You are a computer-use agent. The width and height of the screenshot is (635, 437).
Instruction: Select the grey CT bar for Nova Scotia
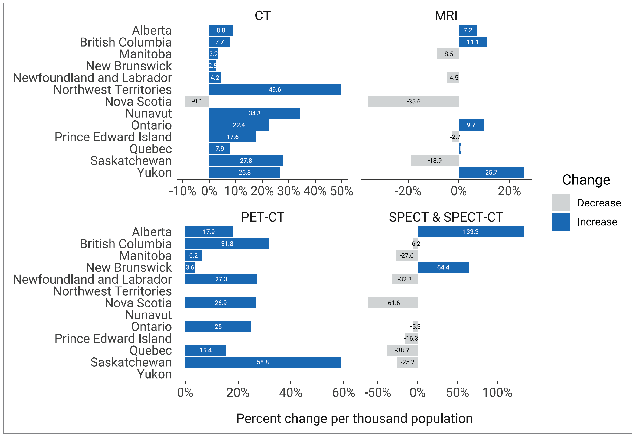(x=197, y=101)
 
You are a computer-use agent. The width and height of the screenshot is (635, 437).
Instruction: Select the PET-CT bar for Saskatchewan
(x=263, y=362)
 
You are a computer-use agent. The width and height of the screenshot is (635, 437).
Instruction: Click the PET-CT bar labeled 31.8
(x=227, y=244)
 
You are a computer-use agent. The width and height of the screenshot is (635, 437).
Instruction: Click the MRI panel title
(x=446, y=16)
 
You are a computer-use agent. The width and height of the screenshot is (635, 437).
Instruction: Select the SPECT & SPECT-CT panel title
(x=446, y=217)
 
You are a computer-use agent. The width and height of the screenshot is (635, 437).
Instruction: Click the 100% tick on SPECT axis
(x=497, y=393)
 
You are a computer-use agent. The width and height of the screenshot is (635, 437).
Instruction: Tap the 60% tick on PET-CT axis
(x=343, y=393)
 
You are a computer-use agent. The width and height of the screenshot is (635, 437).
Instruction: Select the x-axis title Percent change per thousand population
(x=354, y=419)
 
